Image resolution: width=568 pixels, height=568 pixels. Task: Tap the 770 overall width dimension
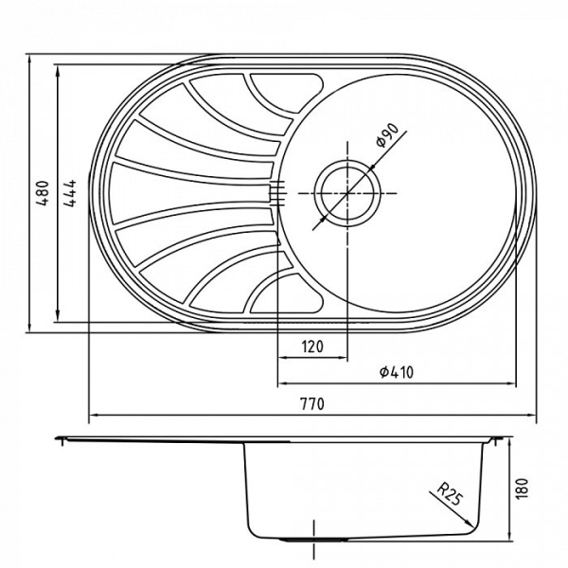[x=311, y=404]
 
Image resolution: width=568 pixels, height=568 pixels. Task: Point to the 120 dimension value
[x=312, y=346]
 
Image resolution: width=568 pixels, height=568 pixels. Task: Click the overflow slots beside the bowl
[x=276, y=192]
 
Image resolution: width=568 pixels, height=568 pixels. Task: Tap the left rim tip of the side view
[x=59, y=439]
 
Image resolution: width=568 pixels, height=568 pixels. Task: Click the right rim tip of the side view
[x=504, y=439]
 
